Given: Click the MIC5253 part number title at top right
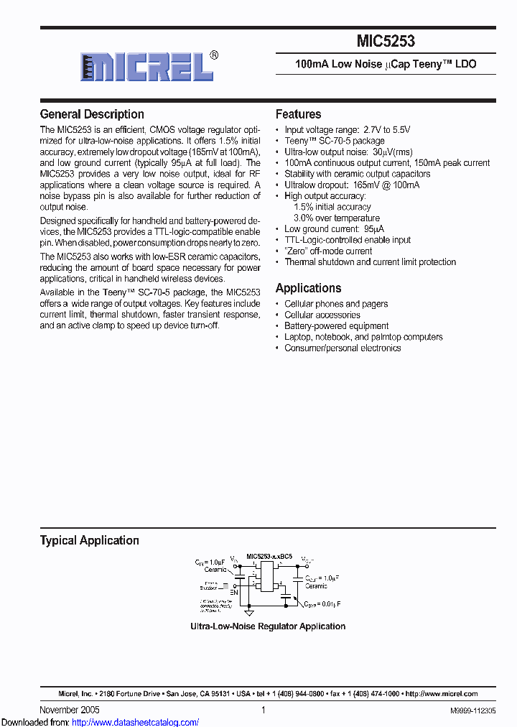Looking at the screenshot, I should [386, 42].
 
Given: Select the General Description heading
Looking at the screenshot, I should [92, 114].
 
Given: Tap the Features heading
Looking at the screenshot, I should [298, 114].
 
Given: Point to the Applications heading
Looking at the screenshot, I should [308, 288].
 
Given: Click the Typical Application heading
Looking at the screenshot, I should [89, 540].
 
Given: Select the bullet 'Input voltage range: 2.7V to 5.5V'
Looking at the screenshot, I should [348, 129].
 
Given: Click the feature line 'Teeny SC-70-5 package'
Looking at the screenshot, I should [334, 141].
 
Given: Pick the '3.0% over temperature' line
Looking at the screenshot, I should [337, 218].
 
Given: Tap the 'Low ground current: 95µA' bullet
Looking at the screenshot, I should [334, 229].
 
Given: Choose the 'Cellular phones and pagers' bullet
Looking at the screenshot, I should [336, 304].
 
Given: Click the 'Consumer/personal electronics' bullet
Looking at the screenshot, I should [343, 348].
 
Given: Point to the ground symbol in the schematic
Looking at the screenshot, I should [249, 613].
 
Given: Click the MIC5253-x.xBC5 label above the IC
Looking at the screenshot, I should [269, 556].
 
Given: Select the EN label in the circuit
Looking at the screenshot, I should [233, 593].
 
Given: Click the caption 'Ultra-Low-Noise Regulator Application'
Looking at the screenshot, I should [267, 626].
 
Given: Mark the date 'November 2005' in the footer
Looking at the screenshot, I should [70, 710].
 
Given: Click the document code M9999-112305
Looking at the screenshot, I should [472, 710].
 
